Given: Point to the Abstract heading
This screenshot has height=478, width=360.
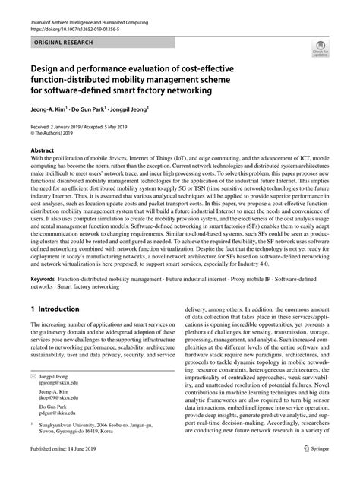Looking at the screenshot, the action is pyautogui.click(x=45, y=150).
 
